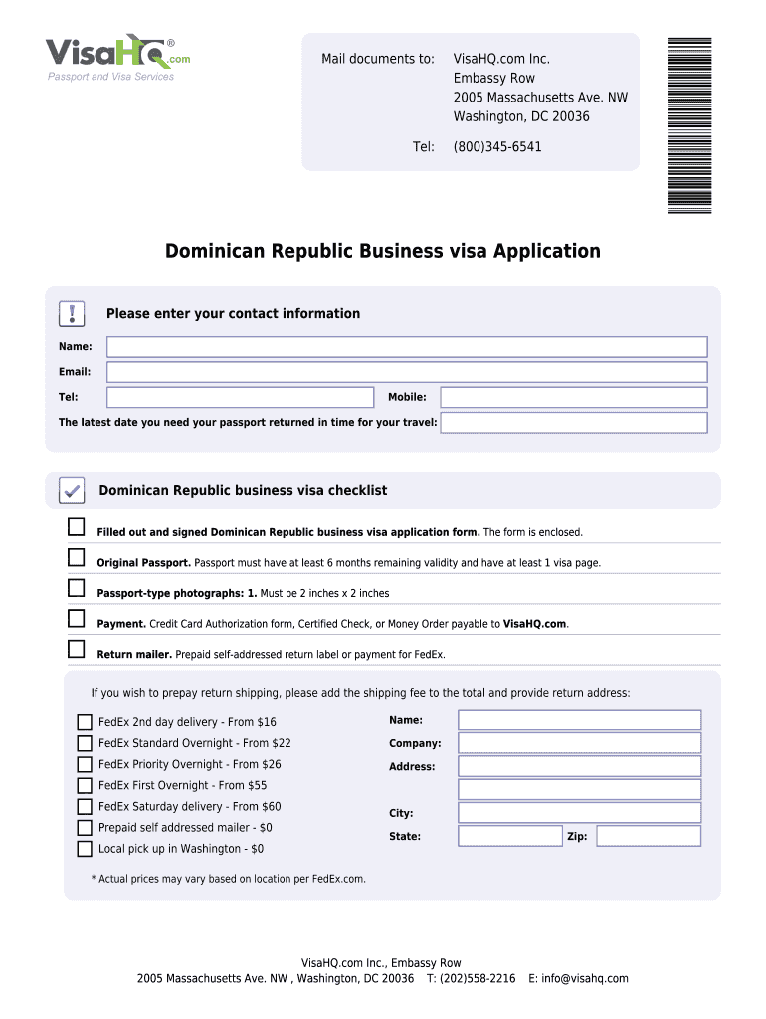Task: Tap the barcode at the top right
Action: click(689, 124)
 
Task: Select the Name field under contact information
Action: click(407, 346)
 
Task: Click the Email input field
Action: click(407, 372)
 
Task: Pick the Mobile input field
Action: click(573, 397)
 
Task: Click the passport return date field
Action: click(573, 423)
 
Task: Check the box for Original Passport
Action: click(77, 557)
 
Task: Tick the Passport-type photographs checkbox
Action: click(77, 588)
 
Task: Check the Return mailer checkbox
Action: click(77, 650)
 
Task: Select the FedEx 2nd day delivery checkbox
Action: click(85, 722)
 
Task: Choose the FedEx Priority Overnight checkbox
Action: click(85, 765)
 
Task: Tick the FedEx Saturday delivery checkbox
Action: click(85, 807)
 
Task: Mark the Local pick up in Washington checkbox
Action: click(85, 849)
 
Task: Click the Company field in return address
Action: click(579, 743)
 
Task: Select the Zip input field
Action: click(648, 836)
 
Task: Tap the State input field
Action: click(509, 836)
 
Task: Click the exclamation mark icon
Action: click(73, 313)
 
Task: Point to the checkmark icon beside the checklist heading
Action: click(72, 490)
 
